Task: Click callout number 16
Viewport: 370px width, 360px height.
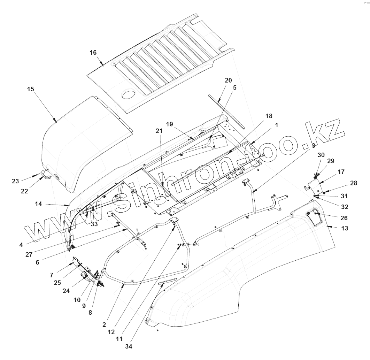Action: [x=93, y=53]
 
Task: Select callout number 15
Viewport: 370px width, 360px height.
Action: [x=30, y=89]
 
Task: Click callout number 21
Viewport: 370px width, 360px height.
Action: [x=159, y=131]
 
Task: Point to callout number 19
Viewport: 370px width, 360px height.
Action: [x=169, y=124]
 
